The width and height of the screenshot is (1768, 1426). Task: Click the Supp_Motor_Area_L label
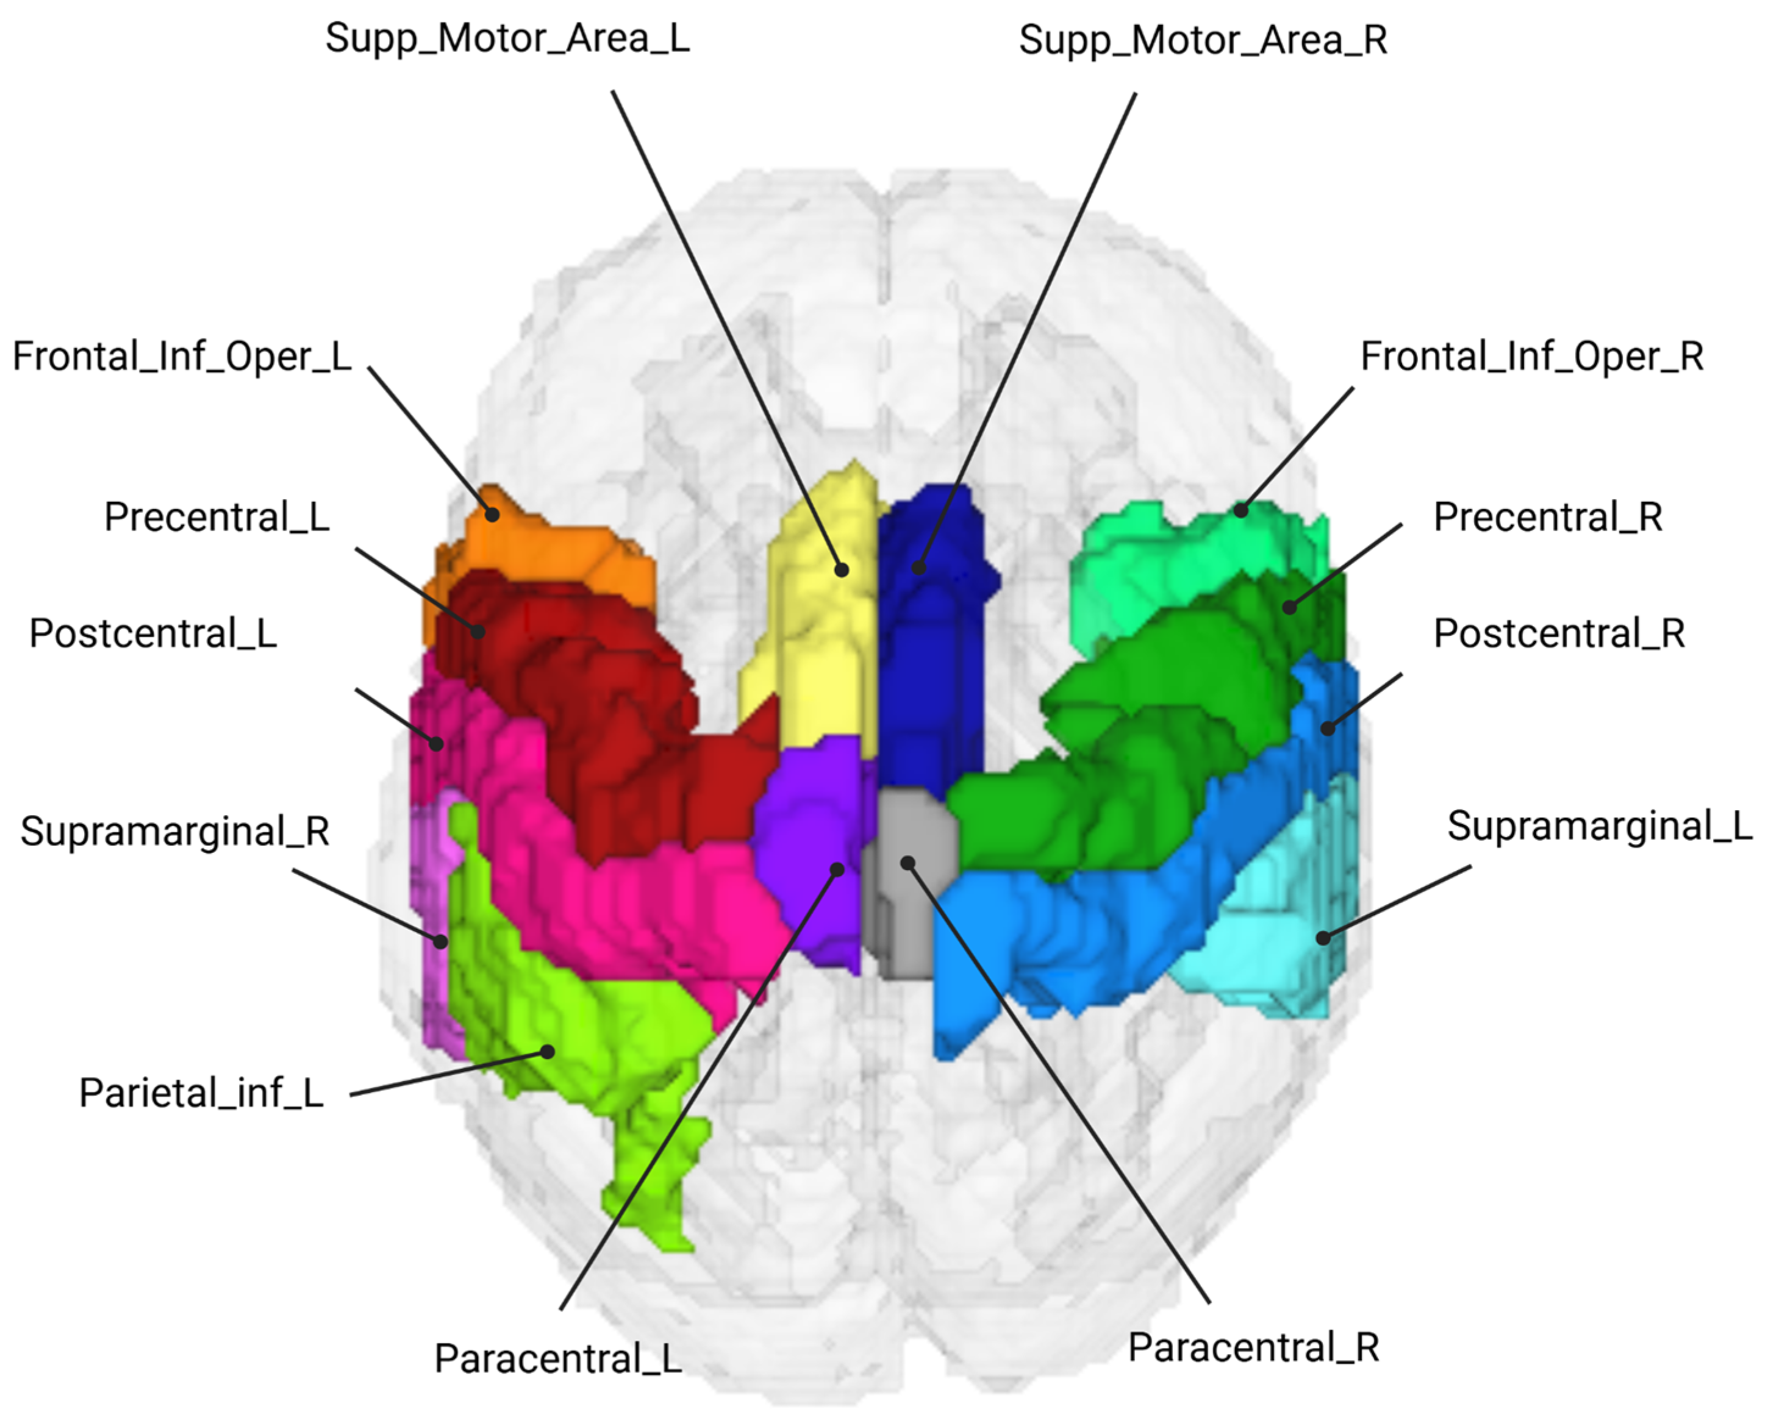tap(507, 38)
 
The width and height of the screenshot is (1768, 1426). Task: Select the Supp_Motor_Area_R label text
tap(1203, 40)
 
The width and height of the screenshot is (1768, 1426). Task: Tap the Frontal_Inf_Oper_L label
tap(182, 357)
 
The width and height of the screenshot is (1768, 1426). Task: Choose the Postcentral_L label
tap(153, 634)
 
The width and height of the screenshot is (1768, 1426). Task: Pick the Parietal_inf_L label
tap(201, 1093)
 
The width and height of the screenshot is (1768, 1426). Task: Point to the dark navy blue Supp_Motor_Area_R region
tap(928, 657)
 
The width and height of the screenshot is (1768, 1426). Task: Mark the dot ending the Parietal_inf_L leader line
tap(547, 1052)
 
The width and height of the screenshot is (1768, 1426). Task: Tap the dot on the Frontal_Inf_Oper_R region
tap(1241, 510)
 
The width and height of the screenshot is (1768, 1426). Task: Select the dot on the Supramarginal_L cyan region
tap(1323, 937)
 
